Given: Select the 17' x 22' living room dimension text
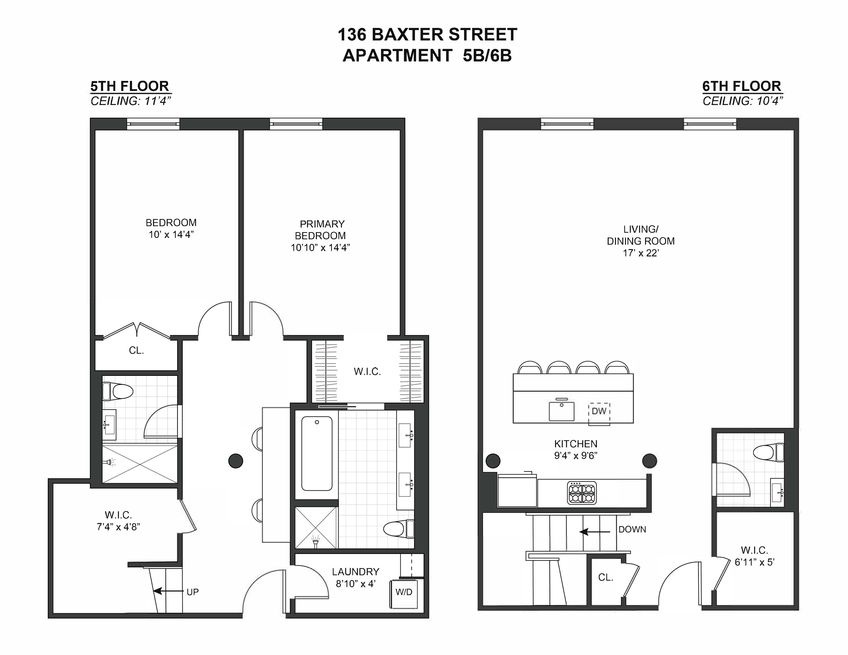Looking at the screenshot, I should coord(641,253).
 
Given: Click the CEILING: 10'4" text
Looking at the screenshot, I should coord(742,101).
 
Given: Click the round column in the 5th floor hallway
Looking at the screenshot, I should coord(235,461).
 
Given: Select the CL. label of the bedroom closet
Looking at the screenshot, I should coord(136,351).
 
